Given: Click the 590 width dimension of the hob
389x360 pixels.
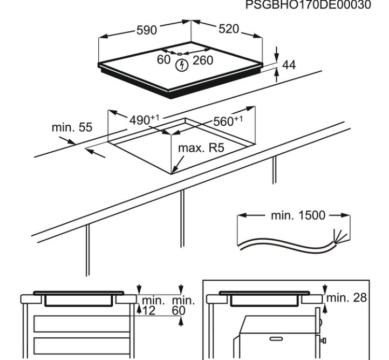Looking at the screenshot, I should [x=146, y=30].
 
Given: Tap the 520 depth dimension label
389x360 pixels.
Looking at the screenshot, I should [x=228, y=29].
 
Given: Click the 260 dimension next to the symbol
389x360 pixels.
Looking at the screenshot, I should [x=203, y=60].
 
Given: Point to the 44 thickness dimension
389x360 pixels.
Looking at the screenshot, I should [x=289, y=65].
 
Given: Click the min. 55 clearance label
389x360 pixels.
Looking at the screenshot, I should [x=72, y=128].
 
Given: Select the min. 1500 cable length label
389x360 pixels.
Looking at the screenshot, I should [x=297, y=215].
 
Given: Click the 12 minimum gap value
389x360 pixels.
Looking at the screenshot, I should [x=148, y=310].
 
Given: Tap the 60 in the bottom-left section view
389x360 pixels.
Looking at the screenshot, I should [x=179, y=310].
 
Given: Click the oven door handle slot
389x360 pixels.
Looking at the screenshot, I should [x=276, y=338].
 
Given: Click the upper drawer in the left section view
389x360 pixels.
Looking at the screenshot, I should [x=81, y=323].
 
